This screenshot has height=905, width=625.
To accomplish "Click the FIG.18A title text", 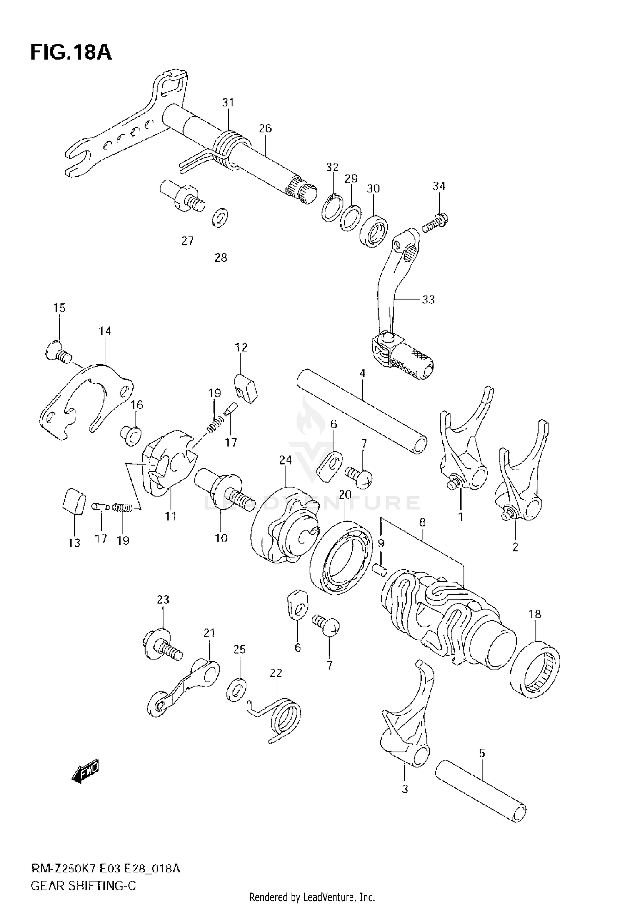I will click(71, 52).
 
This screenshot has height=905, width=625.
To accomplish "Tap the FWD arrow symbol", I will click(86, 771).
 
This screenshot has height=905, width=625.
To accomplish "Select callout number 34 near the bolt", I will click(439, 186).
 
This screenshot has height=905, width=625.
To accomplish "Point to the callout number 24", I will click(285, 460).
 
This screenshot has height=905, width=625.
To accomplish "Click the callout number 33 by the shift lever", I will click(428, 300).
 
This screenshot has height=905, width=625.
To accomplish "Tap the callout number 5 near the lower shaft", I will click(482, 752).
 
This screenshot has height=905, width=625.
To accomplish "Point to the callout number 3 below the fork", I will click(405, 789).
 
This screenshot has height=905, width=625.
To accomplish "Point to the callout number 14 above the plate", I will click(105, 331).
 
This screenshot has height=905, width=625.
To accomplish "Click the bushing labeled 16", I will click(131, 436).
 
